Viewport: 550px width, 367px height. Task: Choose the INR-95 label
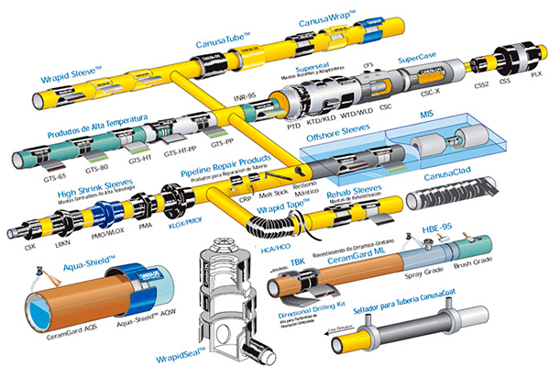pos(245,95)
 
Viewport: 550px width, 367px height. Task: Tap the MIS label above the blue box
pos(425,114)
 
